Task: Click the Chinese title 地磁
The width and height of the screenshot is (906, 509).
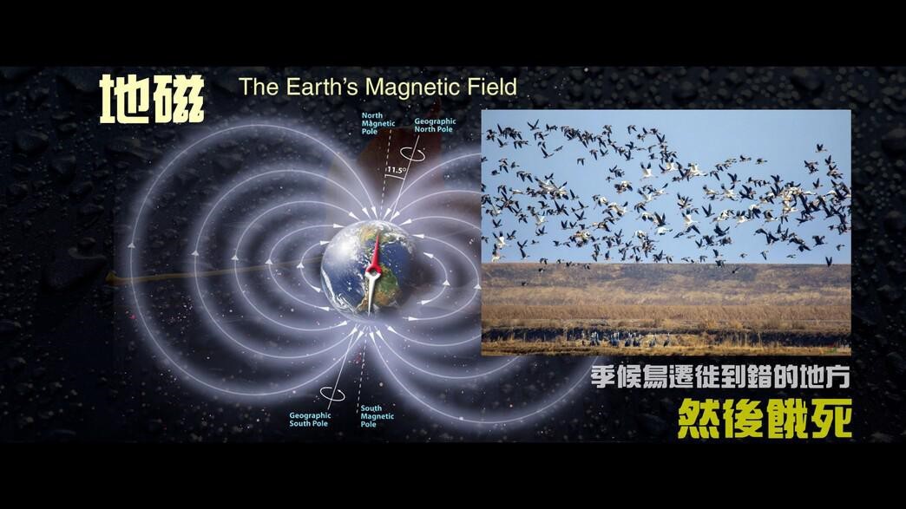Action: tap(152, 99)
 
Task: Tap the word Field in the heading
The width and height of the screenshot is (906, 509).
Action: tap(494, 87)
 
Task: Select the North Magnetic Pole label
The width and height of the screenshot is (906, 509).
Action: tap(377, 123)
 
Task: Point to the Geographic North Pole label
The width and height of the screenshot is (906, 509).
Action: tap(435, 125)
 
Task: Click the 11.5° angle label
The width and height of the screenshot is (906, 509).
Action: tap(396, 170)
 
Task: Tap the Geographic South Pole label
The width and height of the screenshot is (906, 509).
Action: tap(310, 420)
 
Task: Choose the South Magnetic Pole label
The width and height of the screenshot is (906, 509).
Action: tap(377, 416)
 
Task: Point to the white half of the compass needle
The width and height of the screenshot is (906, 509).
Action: tap(371, 291)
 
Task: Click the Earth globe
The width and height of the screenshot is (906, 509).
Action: tap(369, 269)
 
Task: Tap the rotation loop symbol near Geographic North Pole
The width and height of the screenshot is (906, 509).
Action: tap(414, 153)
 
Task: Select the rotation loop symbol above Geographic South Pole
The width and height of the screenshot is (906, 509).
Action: tap(332, 395)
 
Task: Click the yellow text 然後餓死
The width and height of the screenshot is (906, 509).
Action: tap(764, 418)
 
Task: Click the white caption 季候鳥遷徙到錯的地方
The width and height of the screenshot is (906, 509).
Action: tap(720, 377)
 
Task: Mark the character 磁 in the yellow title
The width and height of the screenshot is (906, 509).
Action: tap(179, 99)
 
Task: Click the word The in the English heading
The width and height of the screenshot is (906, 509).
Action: tap(259, 87)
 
